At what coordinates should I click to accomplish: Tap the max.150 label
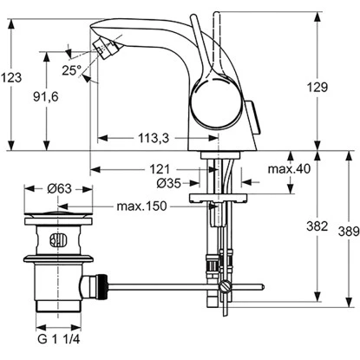(x=141, y=206)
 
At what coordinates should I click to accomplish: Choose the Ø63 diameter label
(x=59, y=188)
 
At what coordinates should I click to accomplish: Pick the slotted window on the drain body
(x=58, y=241)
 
